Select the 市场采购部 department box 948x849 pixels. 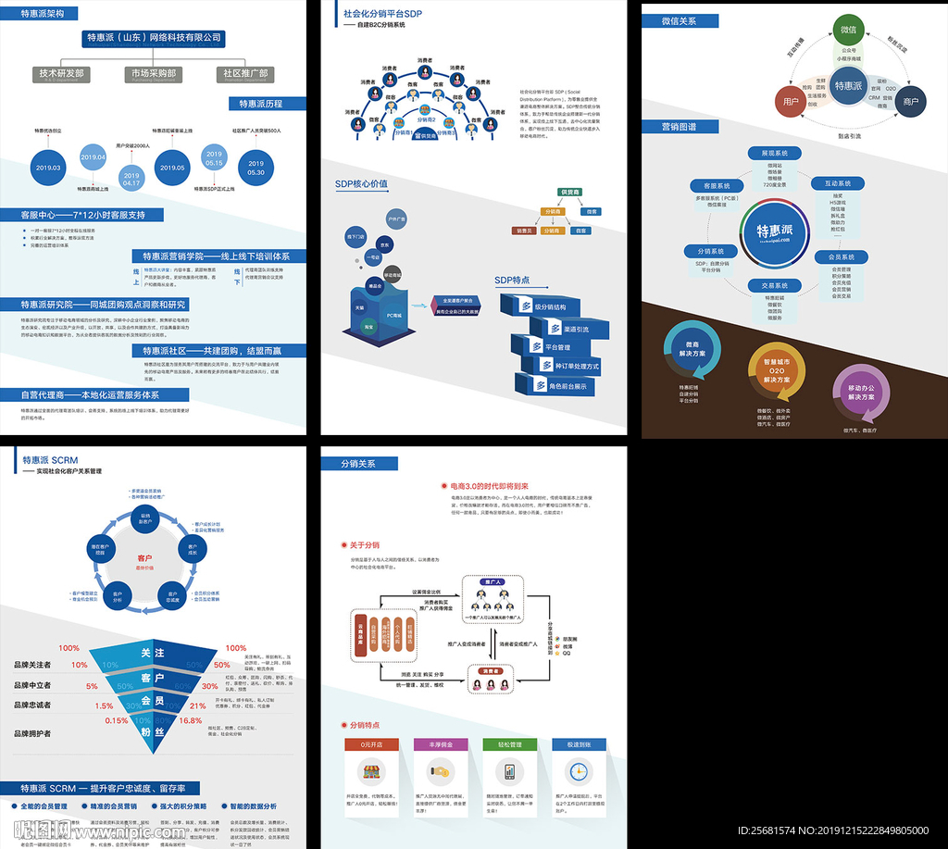(x=154, y=73)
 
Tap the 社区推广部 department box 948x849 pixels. (x=245, y=73)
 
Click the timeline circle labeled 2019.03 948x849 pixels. (x=48, y=168)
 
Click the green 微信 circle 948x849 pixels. (x=848, y=30)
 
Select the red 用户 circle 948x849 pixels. (x=791, y=102)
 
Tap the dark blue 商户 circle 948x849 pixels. (x=910, y=102)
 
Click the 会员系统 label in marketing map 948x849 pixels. (x=841, y=256)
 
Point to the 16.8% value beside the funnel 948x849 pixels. (x=191, y=719)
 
